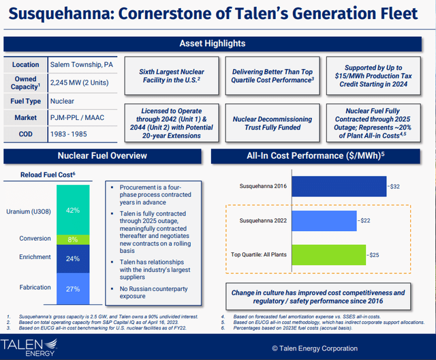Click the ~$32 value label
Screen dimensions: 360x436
pos(393,185)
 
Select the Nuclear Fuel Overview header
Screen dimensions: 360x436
pos(102,155)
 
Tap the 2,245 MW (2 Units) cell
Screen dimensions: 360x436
pos(82,82)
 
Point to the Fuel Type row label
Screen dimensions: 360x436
pos(25,101)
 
